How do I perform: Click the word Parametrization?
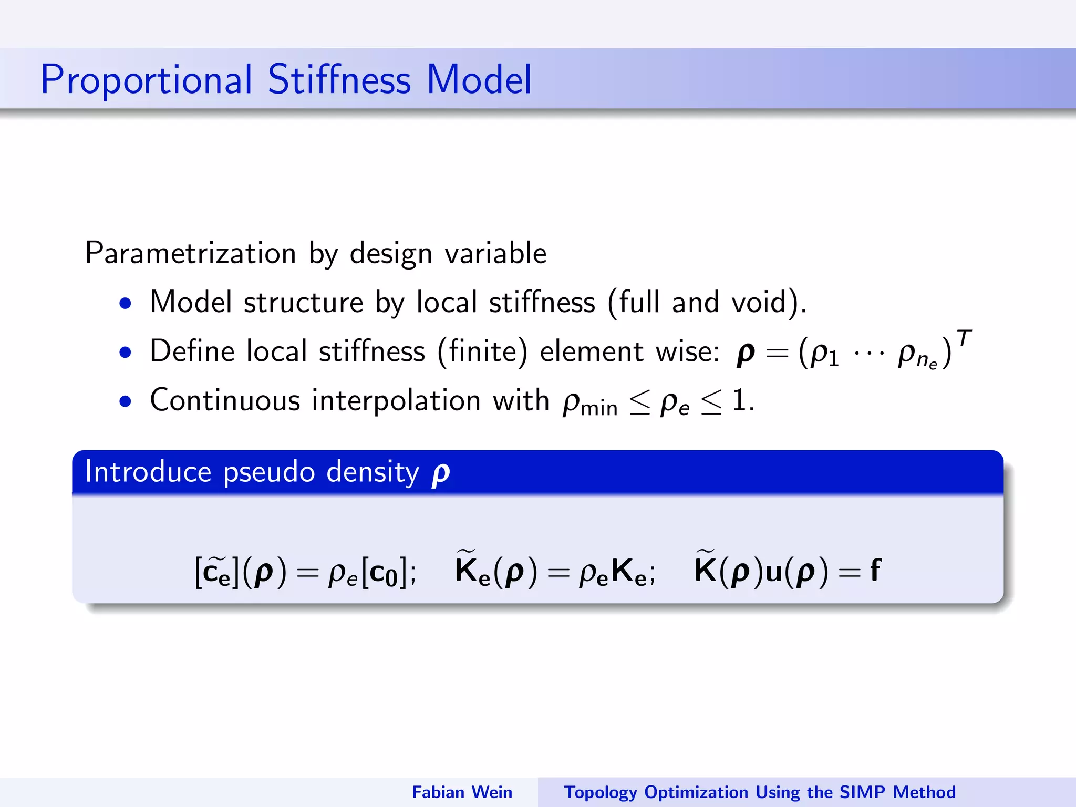(190, 253)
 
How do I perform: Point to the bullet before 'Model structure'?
(125, 303)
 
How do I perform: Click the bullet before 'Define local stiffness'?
(125, 352)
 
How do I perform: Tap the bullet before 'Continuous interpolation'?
(125, 401)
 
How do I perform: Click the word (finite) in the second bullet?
(482, 351)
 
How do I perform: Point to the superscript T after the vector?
(964, 338)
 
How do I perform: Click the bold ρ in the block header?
(440, 473)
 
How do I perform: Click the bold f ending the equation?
(875, 570)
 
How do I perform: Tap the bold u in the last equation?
(773, 572)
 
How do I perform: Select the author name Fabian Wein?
(462, 792)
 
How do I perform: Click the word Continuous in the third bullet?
(225, 400)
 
